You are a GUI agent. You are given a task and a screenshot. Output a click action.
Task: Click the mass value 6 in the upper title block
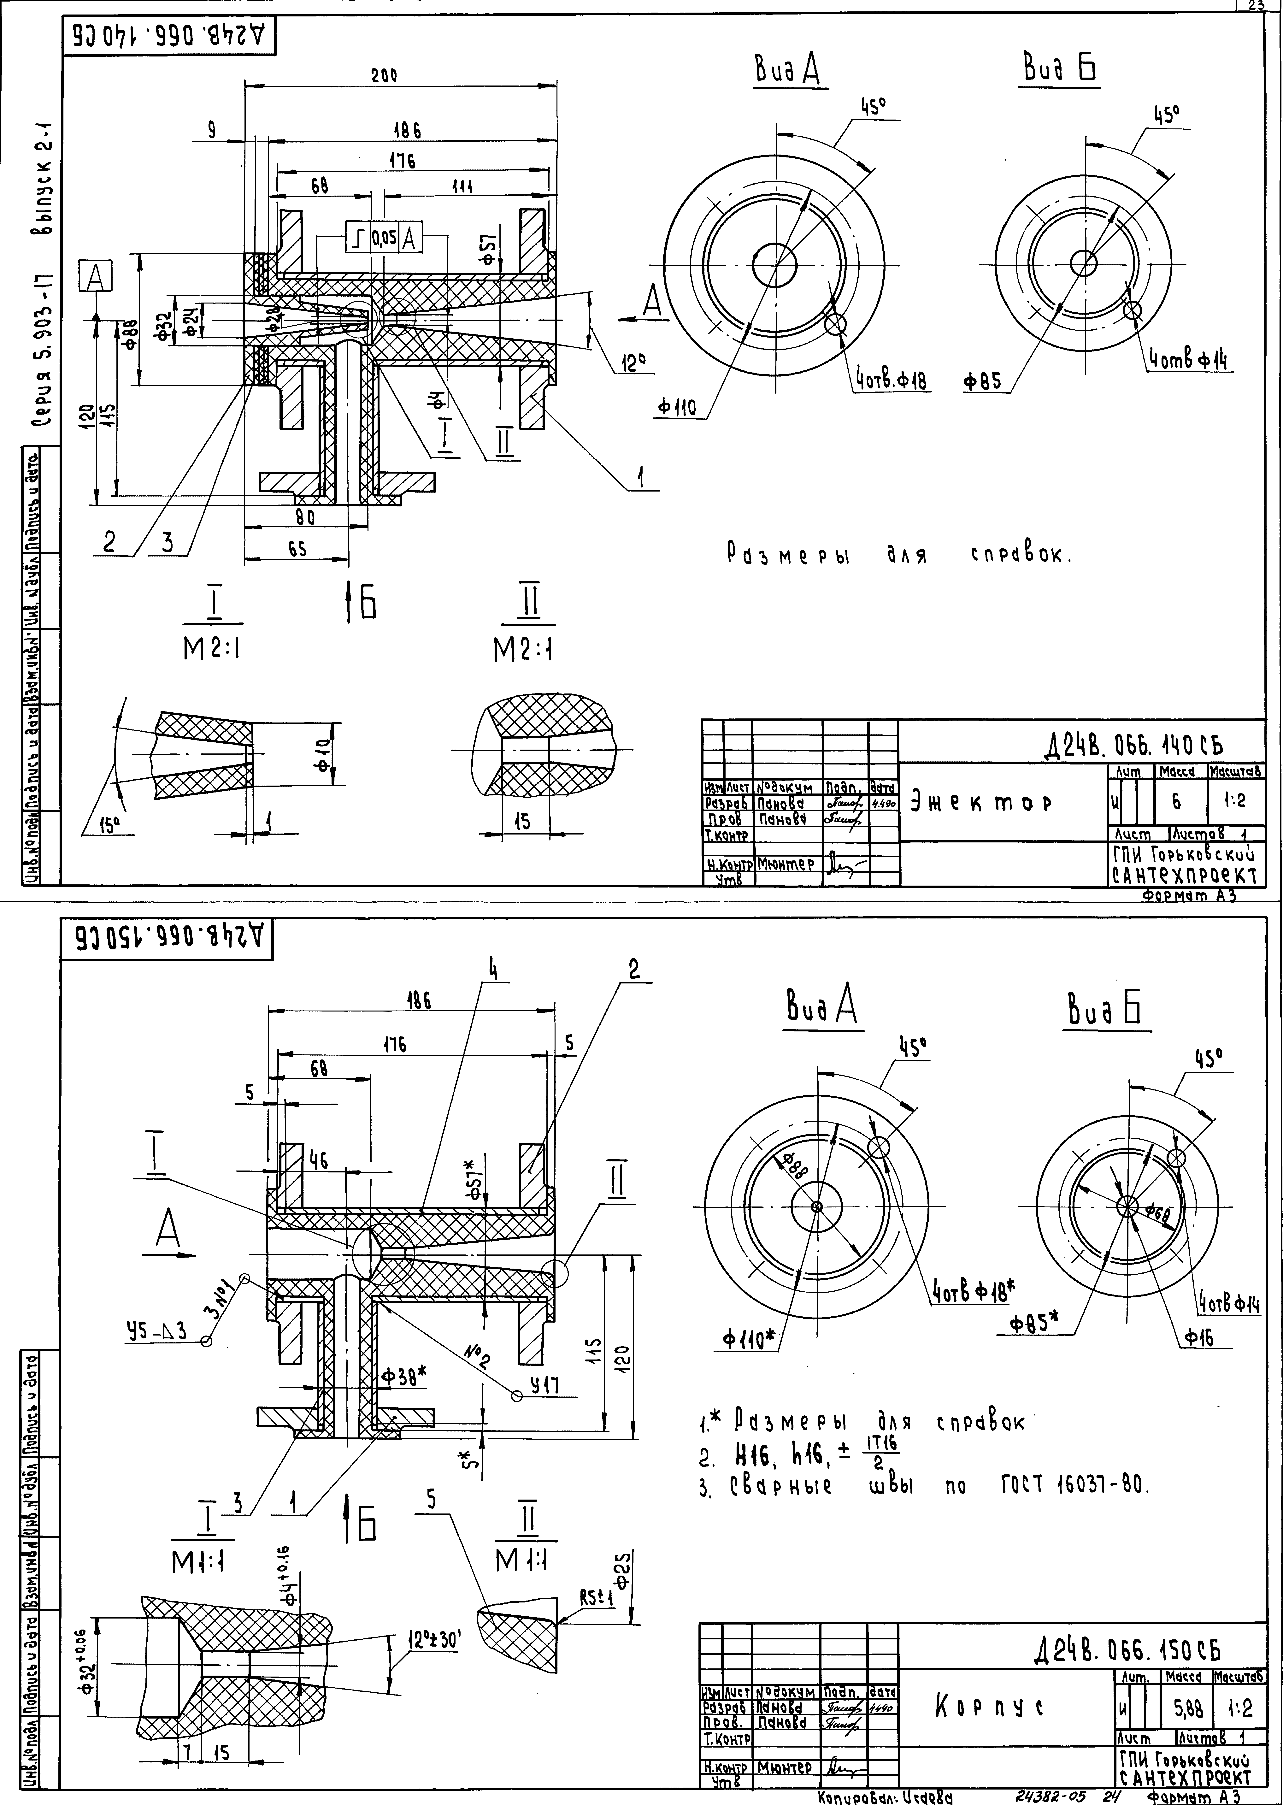(x=1176, y=801)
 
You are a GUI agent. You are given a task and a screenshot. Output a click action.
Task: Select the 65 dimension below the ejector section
(x=296, y=551)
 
